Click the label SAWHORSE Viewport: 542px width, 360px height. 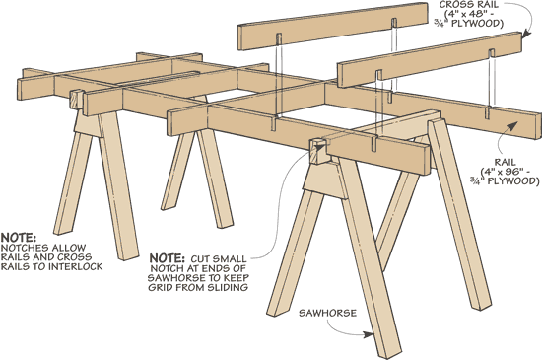tap(327, 313)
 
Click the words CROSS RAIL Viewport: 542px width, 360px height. tap(469, 5)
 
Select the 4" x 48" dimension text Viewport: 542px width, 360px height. tap(470, 14)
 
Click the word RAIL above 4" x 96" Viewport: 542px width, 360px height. tap(505, 162)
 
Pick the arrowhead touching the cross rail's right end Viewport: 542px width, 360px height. tap(526, 34)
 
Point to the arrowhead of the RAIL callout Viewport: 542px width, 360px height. tap(513, 126)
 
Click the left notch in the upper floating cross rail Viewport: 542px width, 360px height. tap(279, 38)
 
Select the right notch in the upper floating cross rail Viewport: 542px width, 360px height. tap(394, 23)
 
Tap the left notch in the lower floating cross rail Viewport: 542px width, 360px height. tap(378, 75)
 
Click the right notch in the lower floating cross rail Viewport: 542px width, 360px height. tap(491, 53)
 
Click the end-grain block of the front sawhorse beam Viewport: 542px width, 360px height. tap(318, 151)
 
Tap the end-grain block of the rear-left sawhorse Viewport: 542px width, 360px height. tap(78, 100)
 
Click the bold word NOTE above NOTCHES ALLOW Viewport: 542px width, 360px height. tap(19, 238)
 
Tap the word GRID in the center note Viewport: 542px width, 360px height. tap(161, 287)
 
